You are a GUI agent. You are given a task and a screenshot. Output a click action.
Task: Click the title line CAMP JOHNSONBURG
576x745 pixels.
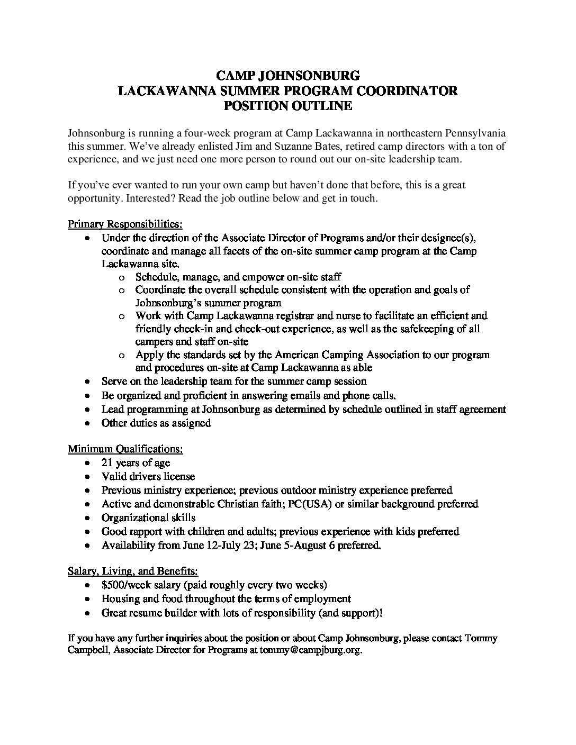(x=287, y=76)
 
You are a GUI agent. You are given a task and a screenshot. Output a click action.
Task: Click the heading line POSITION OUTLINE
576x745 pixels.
(x=287, y=106)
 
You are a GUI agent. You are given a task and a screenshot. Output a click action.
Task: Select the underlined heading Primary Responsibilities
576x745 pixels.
(x=125, y=224)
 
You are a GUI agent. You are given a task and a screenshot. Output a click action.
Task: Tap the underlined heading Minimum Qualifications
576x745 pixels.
(x=125, y=449)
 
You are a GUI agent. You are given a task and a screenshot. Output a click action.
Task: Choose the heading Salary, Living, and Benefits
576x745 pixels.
(x=133, y=571)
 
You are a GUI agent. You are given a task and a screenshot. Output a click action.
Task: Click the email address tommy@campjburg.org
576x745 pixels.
(x=310, y=651)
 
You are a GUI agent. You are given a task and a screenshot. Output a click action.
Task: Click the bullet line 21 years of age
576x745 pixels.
(x=136, y=463)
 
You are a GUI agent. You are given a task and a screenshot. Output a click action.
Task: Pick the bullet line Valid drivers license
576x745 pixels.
(x=148, y=477)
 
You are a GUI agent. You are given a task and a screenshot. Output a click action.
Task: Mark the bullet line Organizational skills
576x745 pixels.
(x=148, y=517)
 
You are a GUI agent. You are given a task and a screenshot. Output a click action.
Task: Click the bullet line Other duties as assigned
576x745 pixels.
(x=156, y=423)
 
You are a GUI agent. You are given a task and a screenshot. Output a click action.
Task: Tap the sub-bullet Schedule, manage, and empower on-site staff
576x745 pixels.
(x=238, y=277)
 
